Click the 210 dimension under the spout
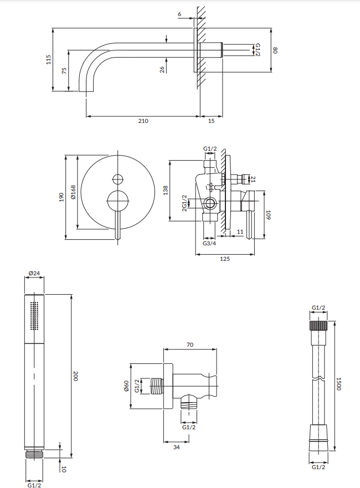coord(143,121)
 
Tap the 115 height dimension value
coord(48,59)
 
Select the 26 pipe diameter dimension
coord(162,70)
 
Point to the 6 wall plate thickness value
coord(179,14)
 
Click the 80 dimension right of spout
coord(275,50)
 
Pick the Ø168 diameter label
coord(73,192)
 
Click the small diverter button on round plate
coord(117,179)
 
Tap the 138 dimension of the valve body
coord(166,191)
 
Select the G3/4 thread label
coord(209,243)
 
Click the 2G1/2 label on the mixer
coord(184,203)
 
